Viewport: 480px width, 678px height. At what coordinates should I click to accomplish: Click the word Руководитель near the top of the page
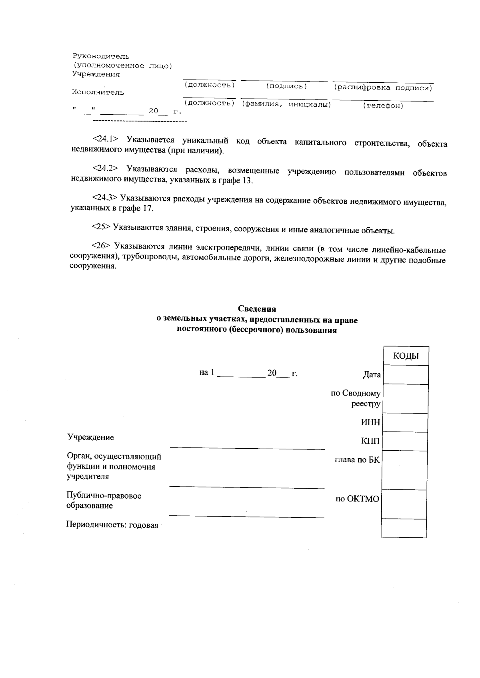click(101, 56)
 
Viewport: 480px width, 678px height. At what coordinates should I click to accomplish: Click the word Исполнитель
click(98, 92)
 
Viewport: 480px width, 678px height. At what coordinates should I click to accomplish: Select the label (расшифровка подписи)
click(383, 87)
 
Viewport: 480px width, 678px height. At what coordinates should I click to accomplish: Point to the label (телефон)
click(383, 106)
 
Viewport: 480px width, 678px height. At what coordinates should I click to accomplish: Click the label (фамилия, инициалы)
click(286, 104)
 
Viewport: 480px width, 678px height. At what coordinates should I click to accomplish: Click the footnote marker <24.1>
click(106, 139)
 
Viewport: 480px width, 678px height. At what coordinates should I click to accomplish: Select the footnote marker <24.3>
click(105, 197)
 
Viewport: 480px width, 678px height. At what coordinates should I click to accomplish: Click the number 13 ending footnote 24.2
click(247, 180)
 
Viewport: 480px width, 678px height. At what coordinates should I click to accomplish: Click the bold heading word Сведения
click(257, 309)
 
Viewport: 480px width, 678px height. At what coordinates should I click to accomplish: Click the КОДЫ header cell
click(406, 356)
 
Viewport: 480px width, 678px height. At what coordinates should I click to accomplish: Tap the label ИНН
click(371, 422)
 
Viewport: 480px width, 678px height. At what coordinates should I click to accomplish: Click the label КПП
click(370, 441)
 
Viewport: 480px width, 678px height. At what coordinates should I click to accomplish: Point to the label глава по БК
click(357, 460)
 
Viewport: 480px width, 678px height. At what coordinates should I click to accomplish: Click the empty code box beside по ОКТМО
click(404, 504)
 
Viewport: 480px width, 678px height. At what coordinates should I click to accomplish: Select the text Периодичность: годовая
click(112, 525)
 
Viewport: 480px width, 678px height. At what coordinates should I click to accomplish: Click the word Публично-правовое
click(104, 496)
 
